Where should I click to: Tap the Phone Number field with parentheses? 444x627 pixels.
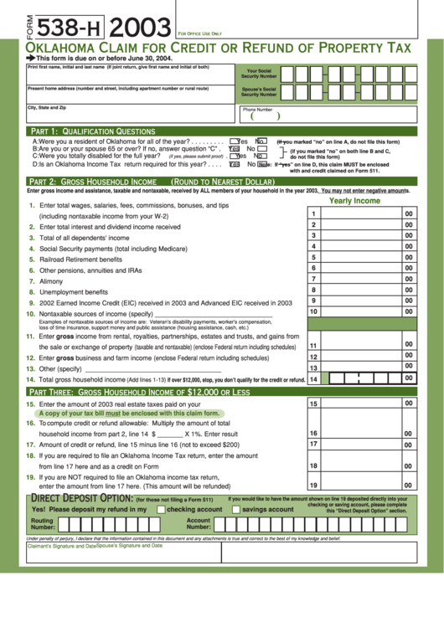260,116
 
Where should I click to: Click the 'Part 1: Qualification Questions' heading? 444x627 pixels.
92,131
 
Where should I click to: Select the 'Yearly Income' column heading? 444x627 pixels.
354,201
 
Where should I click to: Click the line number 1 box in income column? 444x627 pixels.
313,214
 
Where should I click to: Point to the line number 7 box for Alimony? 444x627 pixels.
313,279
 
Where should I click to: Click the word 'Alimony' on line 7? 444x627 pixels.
52,281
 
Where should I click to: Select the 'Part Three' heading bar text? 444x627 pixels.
139,392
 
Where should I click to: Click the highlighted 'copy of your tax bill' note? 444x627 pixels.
129,413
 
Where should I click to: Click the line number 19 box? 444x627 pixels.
313,485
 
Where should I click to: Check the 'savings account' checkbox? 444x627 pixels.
236,509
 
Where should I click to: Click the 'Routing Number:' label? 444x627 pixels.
43,523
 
